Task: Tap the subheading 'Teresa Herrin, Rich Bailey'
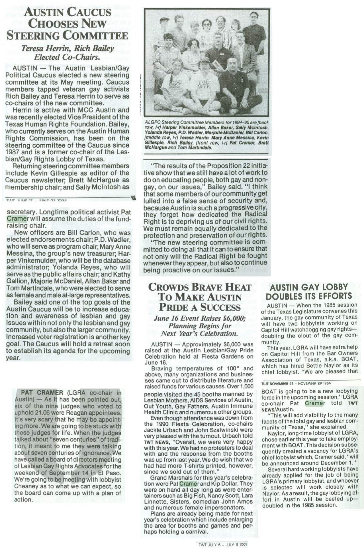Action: point(68,48)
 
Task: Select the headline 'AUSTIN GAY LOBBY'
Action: point(309,287)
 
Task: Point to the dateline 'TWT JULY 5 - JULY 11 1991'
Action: point(222,544)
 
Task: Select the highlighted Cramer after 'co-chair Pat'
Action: point(315,403)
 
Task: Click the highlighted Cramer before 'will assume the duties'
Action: point(17,219)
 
